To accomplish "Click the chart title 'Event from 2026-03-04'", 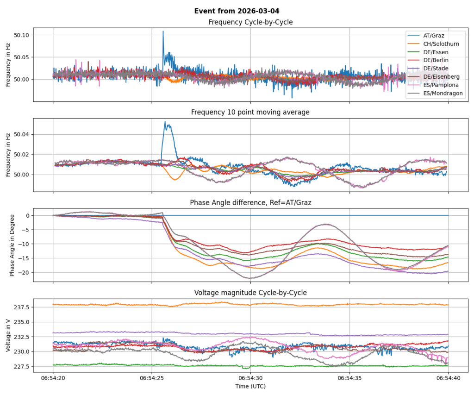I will click(237, 11).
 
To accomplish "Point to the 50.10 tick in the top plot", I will click(21, 35).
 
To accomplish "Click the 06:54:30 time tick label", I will click(250, 378).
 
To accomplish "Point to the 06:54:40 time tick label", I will click(448, 378).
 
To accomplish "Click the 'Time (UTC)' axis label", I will click(250, 386).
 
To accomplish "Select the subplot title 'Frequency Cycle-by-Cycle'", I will click(250, 22).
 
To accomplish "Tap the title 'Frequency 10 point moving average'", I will click(250, 112).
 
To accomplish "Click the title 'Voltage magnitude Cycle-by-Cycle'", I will click(250, 293).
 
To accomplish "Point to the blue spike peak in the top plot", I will click(163, 31).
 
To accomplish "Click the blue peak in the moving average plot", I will click(165, 122).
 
